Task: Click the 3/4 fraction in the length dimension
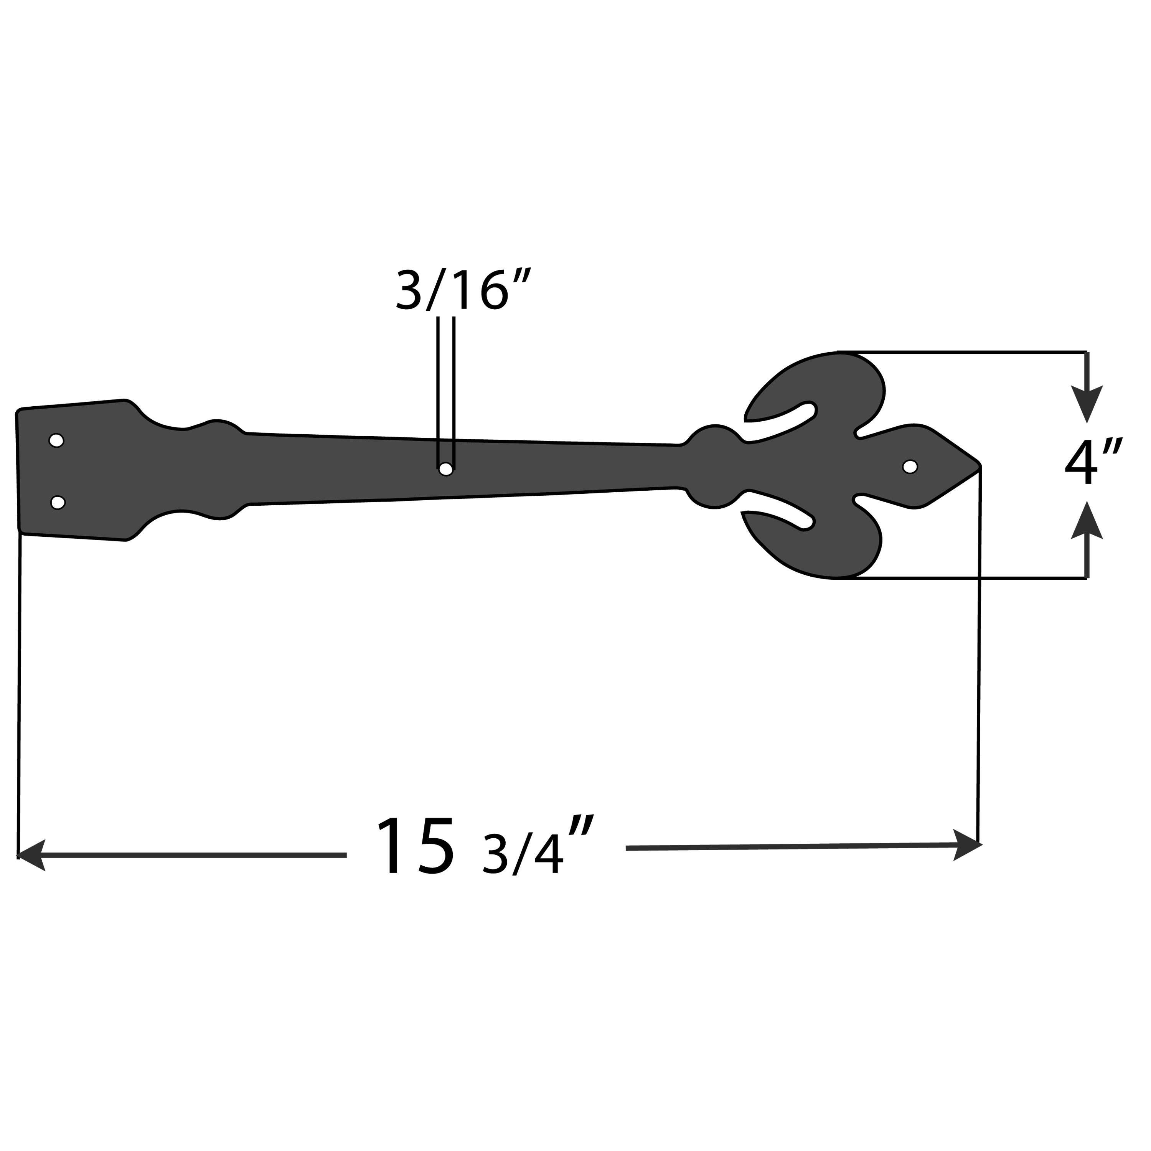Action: coord(523,854)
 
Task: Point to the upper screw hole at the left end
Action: coord(56,440)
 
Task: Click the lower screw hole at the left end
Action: coord(57,502)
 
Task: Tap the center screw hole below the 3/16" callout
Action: coord(445,469)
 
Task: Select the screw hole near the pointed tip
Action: coord(910,467)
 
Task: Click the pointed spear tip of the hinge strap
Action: coord(976,465)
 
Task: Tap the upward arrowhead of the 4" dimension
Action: coord(1087,521)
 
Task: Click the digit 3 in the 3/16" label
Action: coord(408,290)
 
